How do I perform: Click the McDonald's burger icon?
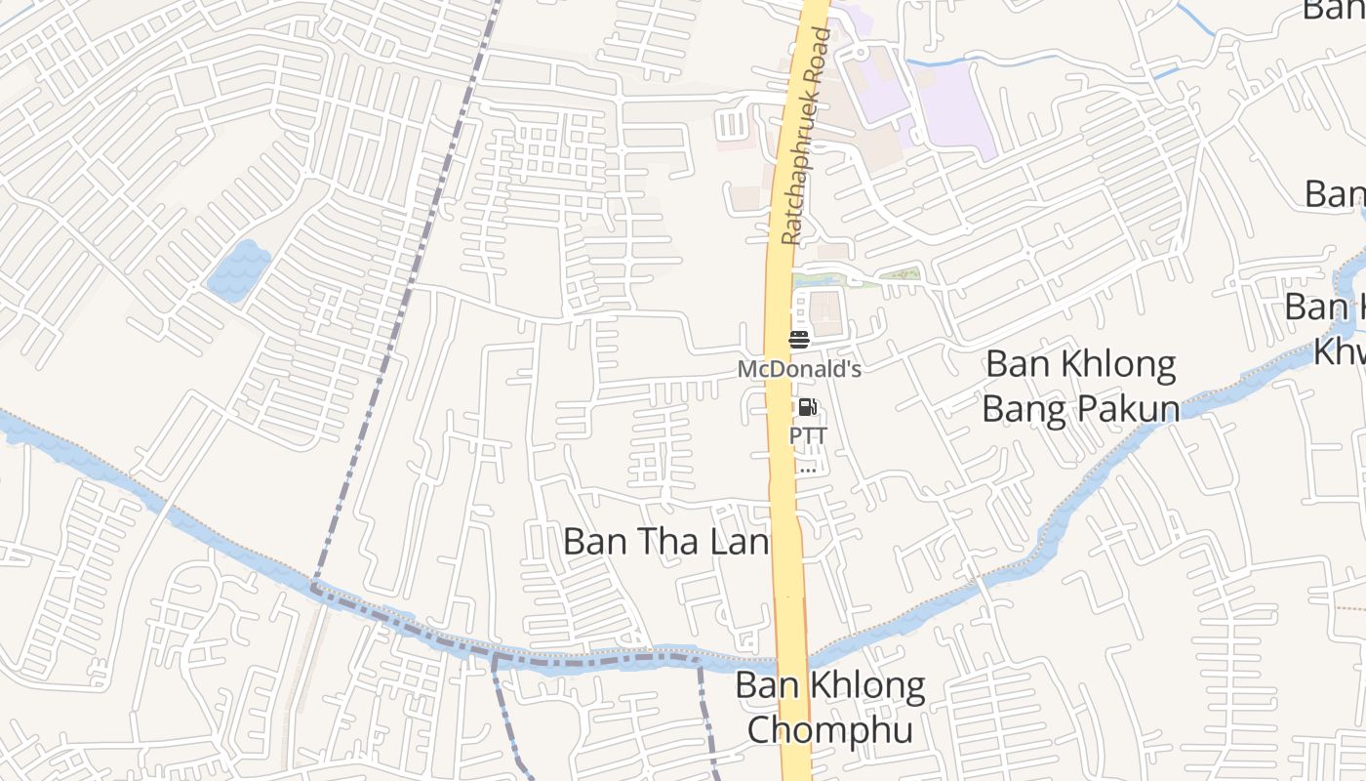[799, 340]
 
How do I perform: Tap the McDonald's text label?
[799, 370]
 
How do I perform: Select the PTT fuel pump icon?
[807, 407]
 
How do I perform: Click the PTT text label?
[808, 435]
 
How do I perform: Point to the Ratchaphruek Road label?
[808, 137]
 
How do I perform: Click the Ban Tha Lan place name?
[666, 542]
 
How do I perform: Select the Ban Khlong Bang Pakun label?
[1080, 386]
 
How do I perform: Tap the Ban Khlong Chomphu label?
[830, 707]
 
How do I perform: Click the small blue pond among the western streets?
[238, 269]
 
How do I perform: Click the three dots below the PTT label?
[807, 469]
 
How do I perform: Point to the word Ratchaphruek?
[802, 166]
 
